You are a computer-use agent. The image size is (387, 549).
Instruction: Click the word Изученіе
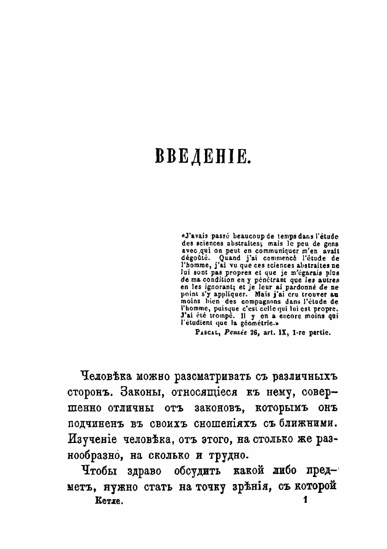[x=96, y=439]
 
